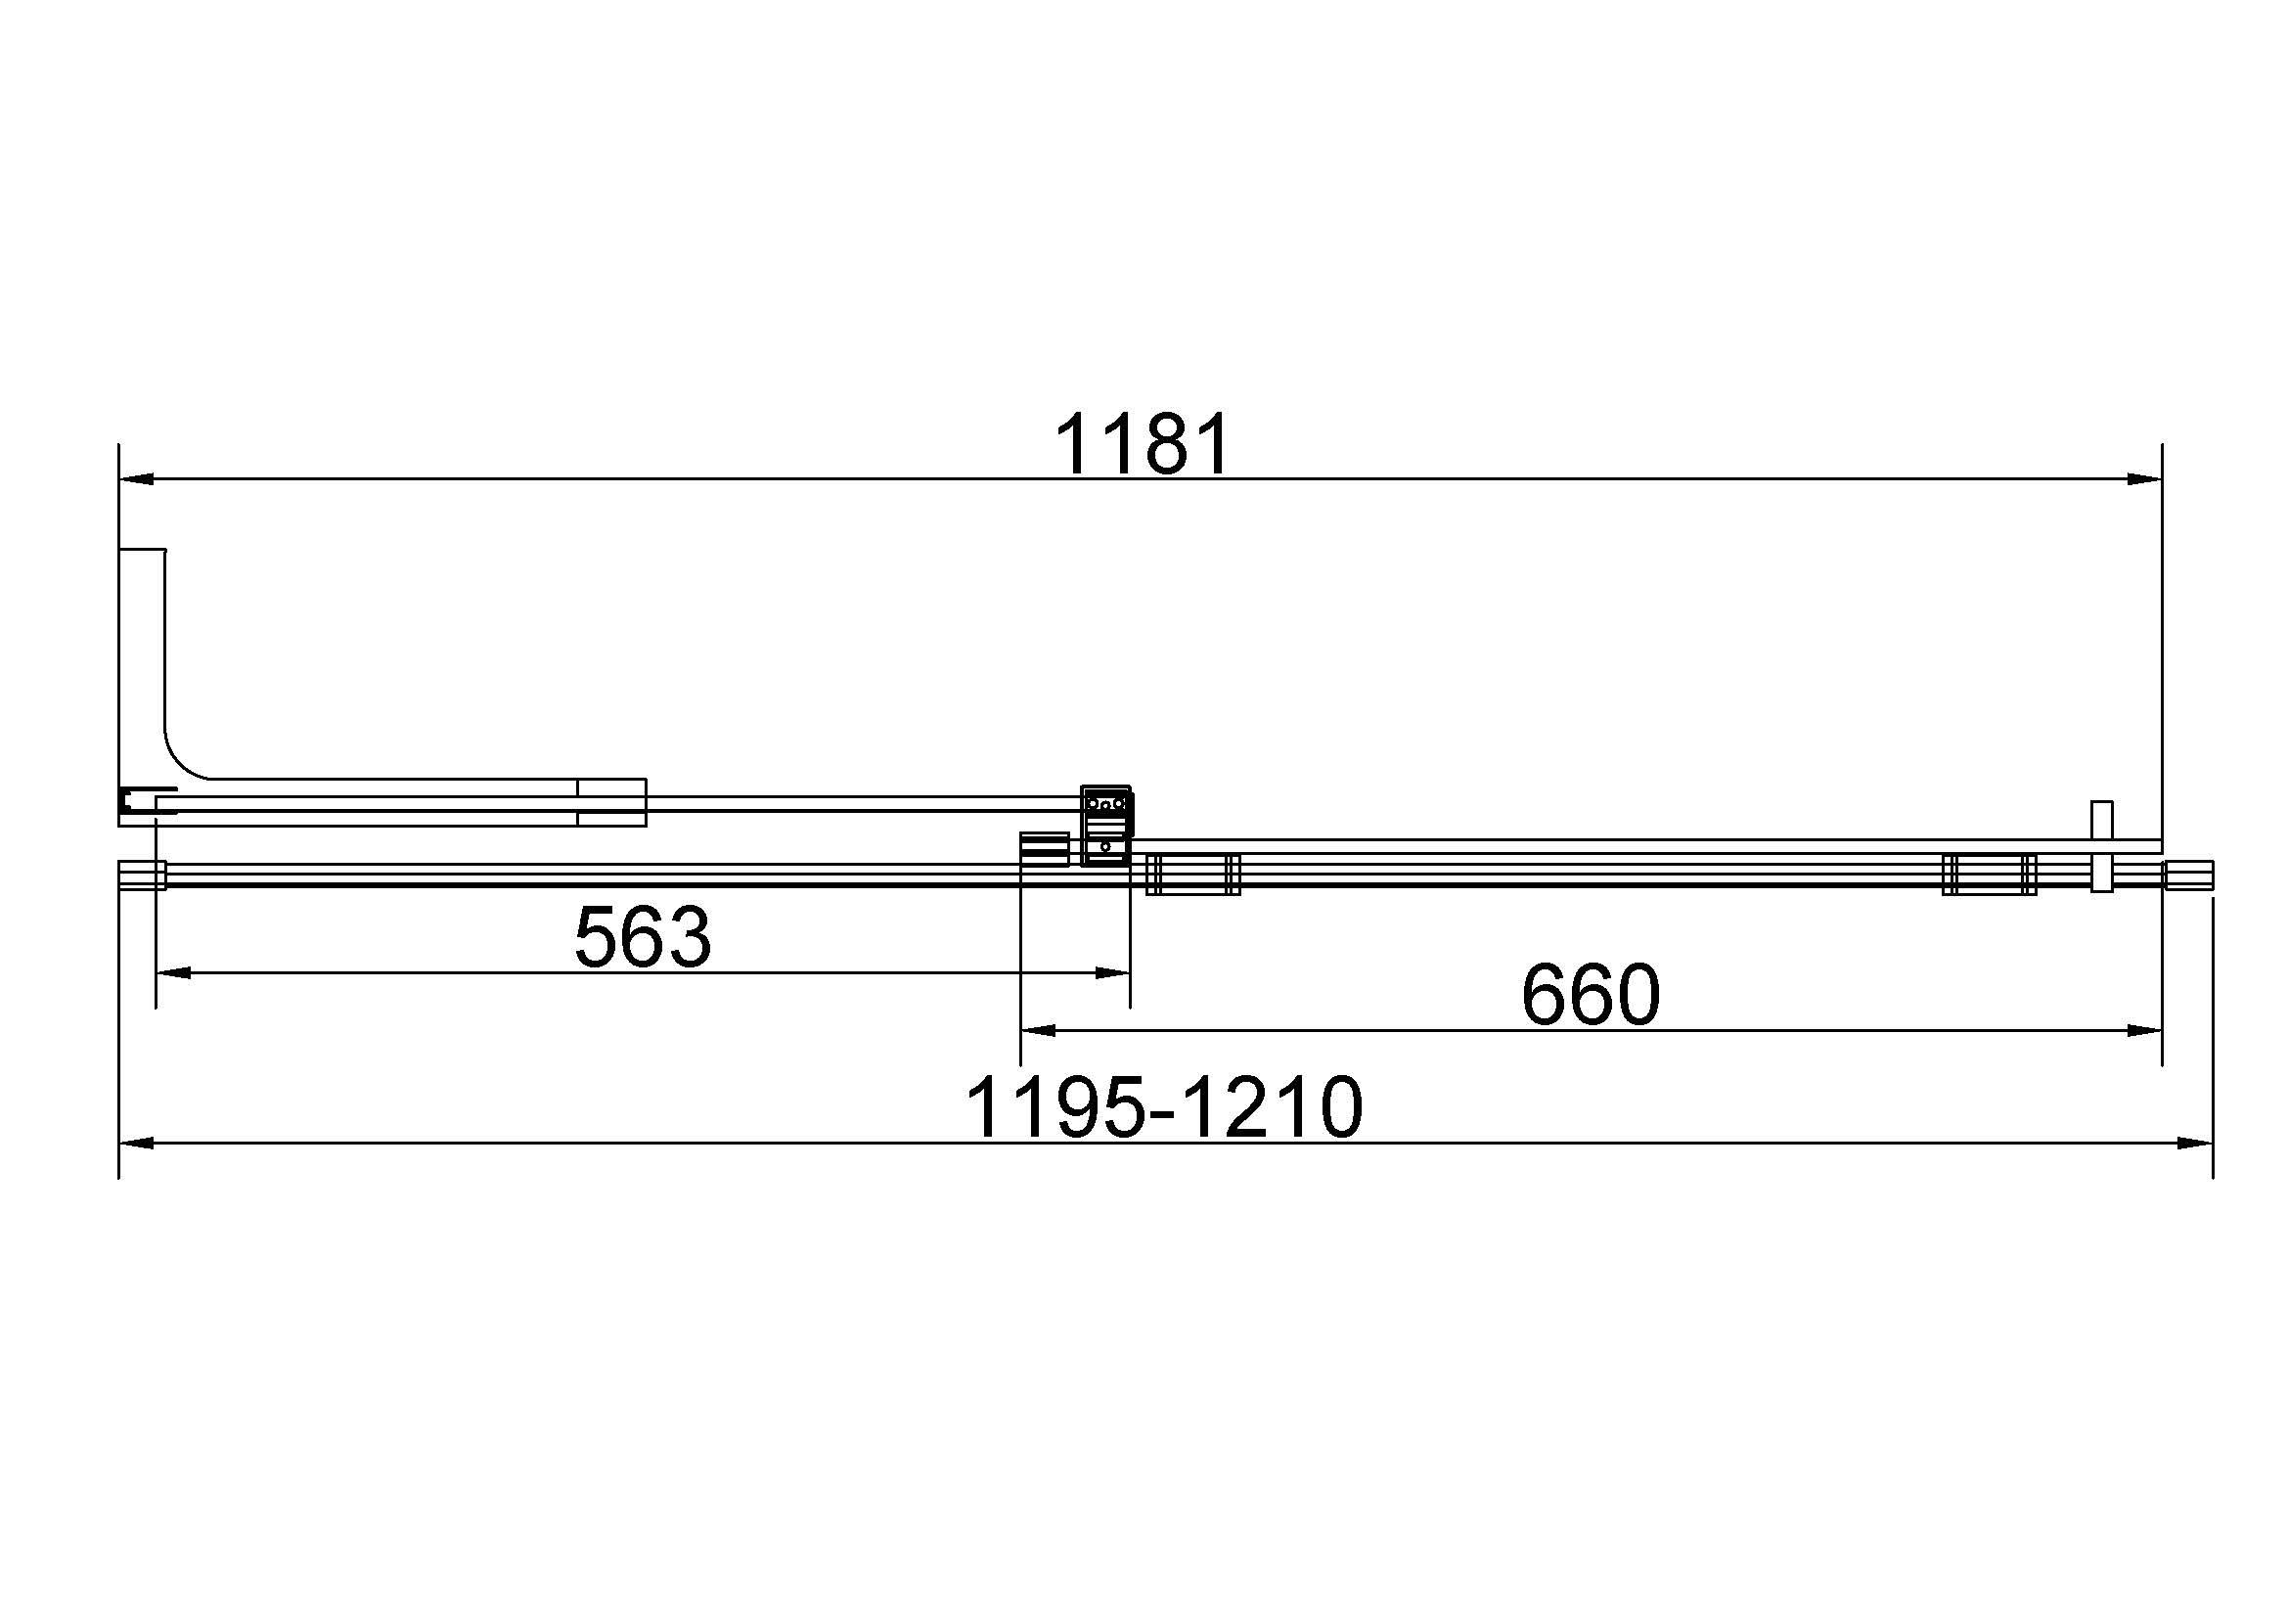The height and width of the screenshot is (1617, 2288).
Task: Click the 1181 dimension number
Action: coord(1142,445)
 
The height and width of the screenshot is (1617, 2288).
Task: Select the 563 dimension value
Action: coord(643,936)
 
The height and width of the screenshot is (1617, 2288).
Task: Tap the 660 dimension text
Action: coord(1592,994)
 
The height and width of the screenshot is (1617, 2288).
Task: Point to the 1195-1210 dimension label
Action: coord(1164,1107)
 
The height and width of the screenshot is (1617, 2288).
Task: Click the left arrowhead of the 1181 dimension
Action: coord(136,479)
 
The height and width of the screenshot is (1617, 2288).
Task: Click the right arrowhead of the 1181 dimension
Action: coord(2144,479)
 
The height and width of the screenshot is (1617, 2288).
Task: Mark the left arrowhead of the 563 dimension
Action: coord(173,972)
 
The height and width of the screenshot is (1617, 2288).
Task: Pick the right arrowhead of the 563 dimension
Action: coord(1112,972)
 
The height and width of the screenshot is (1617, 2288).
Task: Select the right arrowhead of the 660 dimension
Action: coord(2144,1030)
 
